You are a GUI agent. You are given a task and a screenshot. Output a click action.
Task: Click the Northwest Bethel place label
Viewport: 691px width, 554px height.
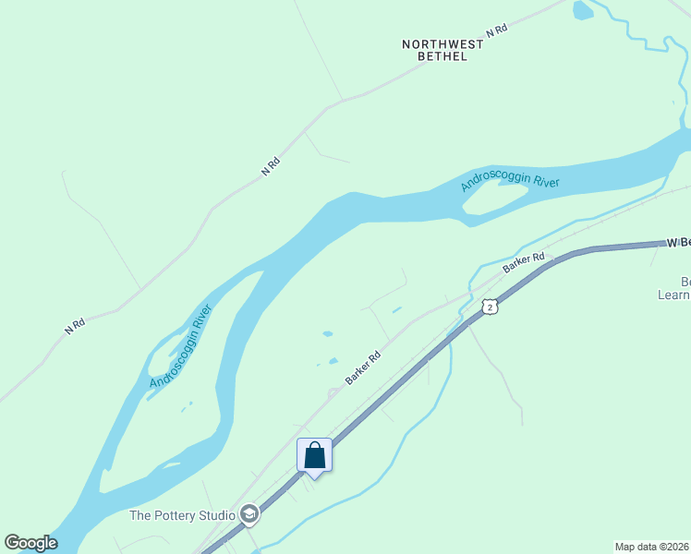pos(442,50)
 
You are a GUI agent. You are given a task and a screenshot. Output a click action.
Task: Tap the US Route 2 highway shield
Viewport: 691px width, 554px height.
pos(490,306)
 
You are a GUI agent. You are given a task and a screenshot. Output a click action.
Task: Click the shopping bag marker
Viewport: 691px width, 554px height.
pos(314,456)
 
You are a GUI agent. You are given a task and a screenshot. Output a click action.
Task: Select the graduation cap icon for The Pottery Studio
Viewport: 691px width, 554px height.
pos(249,514)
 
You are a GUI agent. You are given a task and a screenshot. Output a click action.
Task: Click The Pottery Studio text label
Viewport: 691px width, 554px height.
pos(182,515)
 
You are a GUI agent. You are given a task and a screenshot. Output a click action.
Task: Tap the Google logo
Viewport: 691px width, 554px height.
pos(30,543)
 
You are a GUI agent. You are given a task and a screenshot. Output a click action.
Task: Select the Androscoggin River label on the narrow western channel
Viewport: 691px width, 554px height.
pos(181,345)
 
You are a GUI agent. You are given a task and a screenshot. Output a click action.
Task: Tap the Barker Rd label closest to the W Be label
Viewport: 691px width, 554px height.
pos(525,263)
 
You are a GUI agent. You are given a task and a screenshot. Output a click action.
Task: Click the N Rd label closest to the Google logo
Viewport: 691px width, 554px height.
pos(76,325)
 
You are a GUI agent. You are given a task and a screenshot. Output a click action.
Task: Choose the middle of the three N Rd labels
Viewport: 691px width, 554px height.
pos(271,166)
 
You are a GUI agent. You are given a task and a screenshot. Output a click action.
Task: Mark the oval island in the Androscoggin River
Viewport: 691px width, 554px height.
pos(494,199)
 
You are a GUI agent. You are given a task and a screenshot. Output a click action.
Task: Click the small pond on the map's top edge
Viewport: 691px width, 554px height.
pos(582,10)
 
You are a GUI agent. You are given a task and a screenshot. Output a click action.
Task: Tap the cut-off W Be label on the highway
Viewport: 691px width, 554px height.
pos(678,243)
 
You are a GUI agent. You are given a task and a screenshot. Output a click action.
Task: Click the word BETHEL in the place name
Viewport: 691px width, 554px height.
pos(442,56)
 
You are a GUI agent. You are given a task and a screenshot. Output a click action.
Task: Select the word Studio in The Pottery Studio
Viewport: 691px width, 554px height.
pos(214,515)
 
